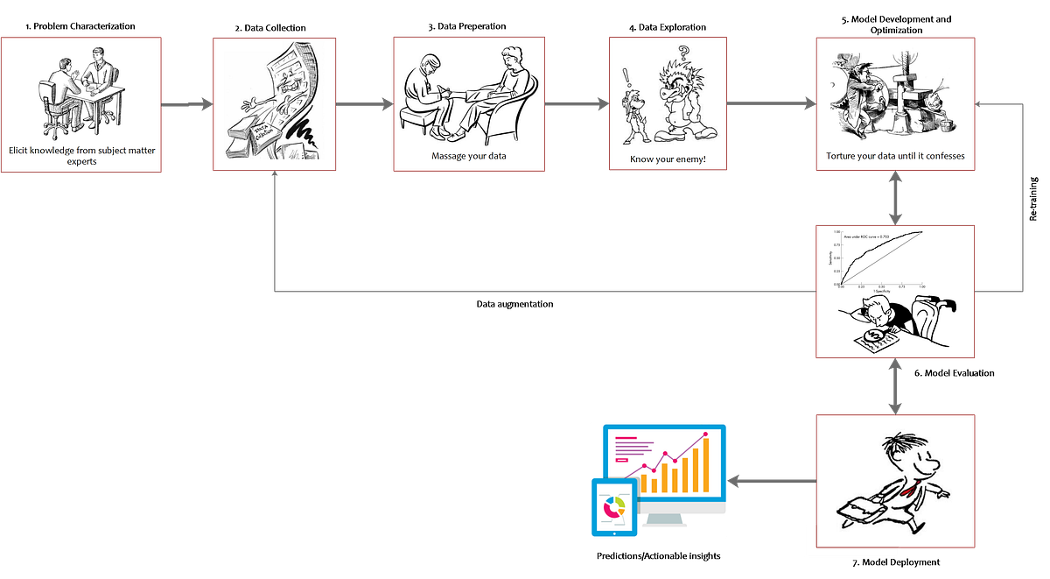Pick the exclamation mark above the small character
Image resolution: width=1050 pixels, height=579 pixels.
pos(626,77)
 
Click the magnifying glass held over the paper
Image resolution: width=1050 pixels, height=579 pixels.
pos(873,335)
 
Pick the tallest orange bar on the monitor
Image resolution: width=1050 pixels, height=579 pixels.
pos(704,465)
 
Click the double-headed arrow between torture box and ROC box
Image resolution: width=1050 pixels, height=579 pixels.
pos(895,198)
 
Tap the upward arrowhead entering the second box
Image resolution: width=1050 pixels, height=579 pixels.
pos(275,180)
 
